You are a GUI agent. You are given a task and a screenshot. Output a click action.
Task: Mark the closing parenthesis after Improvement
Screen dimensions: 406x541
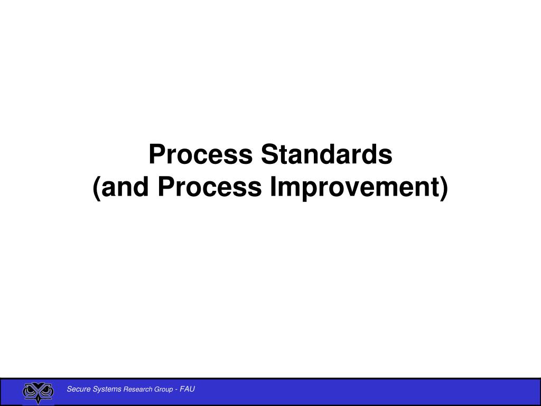coord(443,189)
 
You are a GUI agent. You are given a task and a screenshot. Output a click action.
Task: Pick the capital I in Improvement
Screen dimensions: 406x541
coord(273,188)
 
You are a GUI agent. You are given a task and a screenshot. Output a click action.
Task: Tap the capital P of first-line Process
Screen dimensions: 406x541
coord(156,154)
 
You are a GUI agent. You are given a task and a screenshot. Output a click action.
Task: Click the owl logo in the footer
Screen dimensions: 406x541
coord(38,392)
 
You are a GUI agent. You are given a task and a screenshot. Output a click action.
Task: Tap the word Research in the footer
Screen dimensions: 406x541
coord(138,390)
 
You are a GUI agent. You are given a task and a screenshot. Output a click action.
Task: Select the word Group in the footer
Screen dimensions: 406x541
coord(163,390)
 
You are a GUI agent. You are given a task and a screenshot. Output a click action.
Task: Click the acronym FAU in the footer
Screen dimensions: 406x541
coord(188,390)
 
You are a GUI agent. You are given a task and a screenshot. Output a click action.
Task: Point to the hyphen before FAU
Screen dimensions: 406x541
coord(176,390)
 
